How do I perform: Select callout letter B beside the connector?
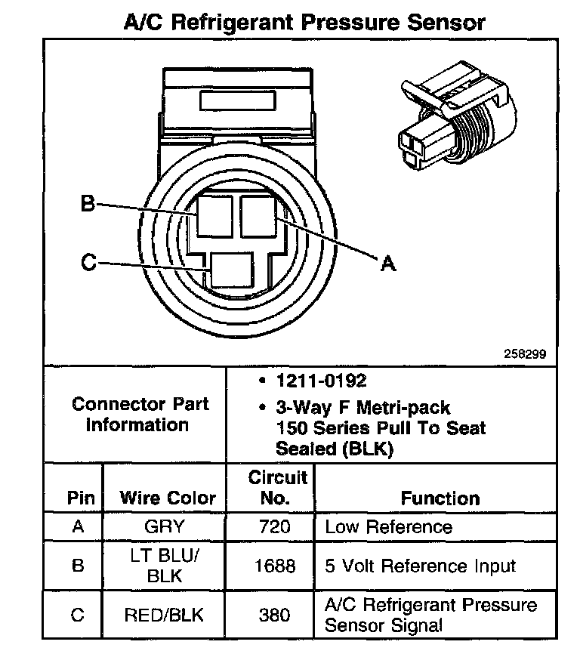click(x=88, y=203)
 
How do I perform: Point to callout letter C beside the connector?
click(x=88, y=263)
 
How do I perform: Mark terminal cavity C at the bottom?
click(x=232, y=269)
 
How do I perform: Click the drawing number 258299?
click(x=525, y=353)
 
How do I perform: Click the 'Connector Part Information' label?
click(x=140, y=414)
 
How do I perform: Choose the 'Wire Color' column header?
click(x=167, y=498)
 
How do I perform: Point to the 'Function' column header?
click(x=440, y=498)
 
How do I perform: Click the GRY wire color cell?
click(x=164, y=526)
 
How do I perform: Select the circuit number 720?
click(x=273, y=526)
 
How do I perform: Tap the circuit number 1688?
click(x=273, y=566)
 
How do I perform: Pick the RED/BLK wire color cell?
click(x=164, y=615)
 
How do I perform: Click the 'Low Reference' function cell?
click(x=388, y=526)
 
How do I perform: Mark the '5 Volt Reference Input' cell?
click(x=420, y=566)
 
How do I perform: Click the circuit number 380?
click(x=273, y=615)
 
